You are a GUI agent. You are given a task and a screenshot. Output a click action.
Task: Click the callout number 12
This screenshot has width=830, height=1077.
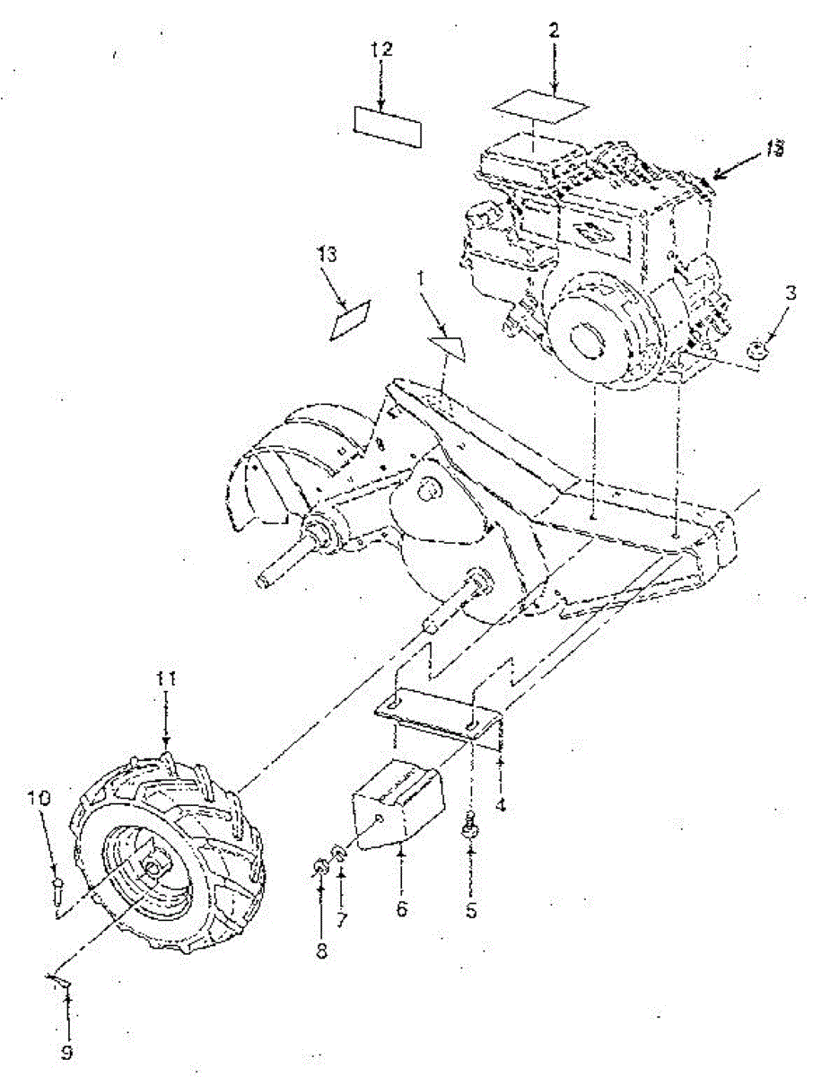[x=382, y=50]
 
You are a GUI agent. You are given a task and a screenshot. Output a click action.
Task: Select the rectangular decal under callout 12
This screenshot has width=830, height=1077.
[x=388, y=125]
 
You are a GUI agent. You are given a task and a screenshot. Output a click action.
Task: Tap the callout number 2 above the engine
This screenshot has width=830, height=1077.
[x=554, y=31]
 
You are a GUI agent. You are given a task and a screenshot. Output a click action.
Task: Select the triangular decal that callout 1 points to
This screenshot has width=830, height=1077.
[x=448, y=347]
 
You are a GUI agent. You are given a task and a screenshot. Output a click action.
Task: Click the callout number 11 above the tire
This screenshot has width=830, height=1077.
[x=165, y=681]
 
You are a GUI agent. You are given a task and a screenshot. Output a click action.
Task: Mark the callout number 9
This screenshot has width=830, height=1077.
[x=67, y=1051]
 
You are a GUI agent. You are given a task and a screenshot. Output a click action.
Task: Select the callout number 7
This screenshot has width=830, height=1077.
[x=341, y=918]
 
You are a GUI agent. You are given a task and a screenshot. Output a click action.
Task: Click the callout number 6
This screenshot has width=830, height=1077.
[x=401, y=909]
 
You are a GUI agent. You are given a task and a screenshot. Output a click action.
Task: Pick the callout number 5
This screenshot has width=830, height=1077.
[x=470, y=911]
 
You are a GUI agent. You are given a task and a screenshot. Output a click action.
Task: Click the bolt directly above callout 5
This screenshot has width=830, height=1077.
[x=468, y=825]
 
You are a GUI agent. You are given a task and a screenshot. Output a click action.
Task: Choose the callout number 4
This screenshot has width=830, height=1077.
[x=501, y=805]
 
